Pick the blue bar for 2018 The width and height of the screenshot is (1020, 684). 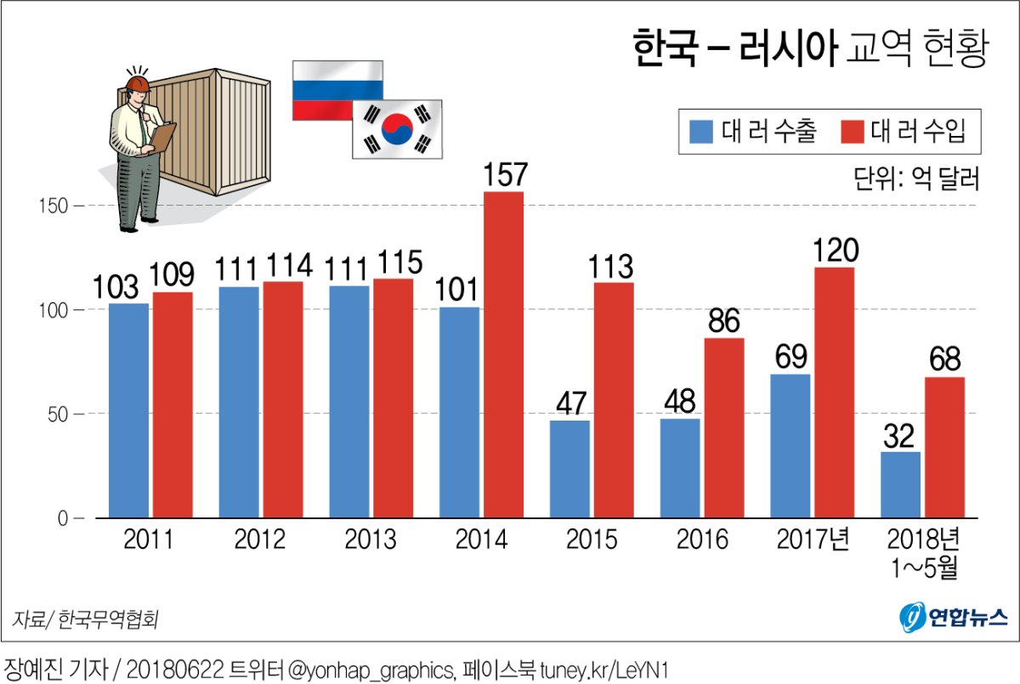coord(900,484)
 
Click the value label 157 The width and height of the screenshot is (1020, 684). coord(505,175)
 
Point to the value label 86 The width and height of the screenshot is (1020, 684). coord(723,321)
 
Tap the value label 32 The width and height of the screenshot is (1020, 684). coord(898,435)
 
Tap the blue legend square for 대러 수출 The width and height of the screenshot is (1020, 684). coord(701,132)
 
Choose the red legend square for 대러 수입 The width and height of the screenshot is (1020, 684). coord(852,132)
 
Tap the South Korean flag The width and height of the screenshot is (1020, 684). coord(397,129)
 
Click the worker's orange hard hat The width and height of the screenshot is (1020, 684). coord(137,83)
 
